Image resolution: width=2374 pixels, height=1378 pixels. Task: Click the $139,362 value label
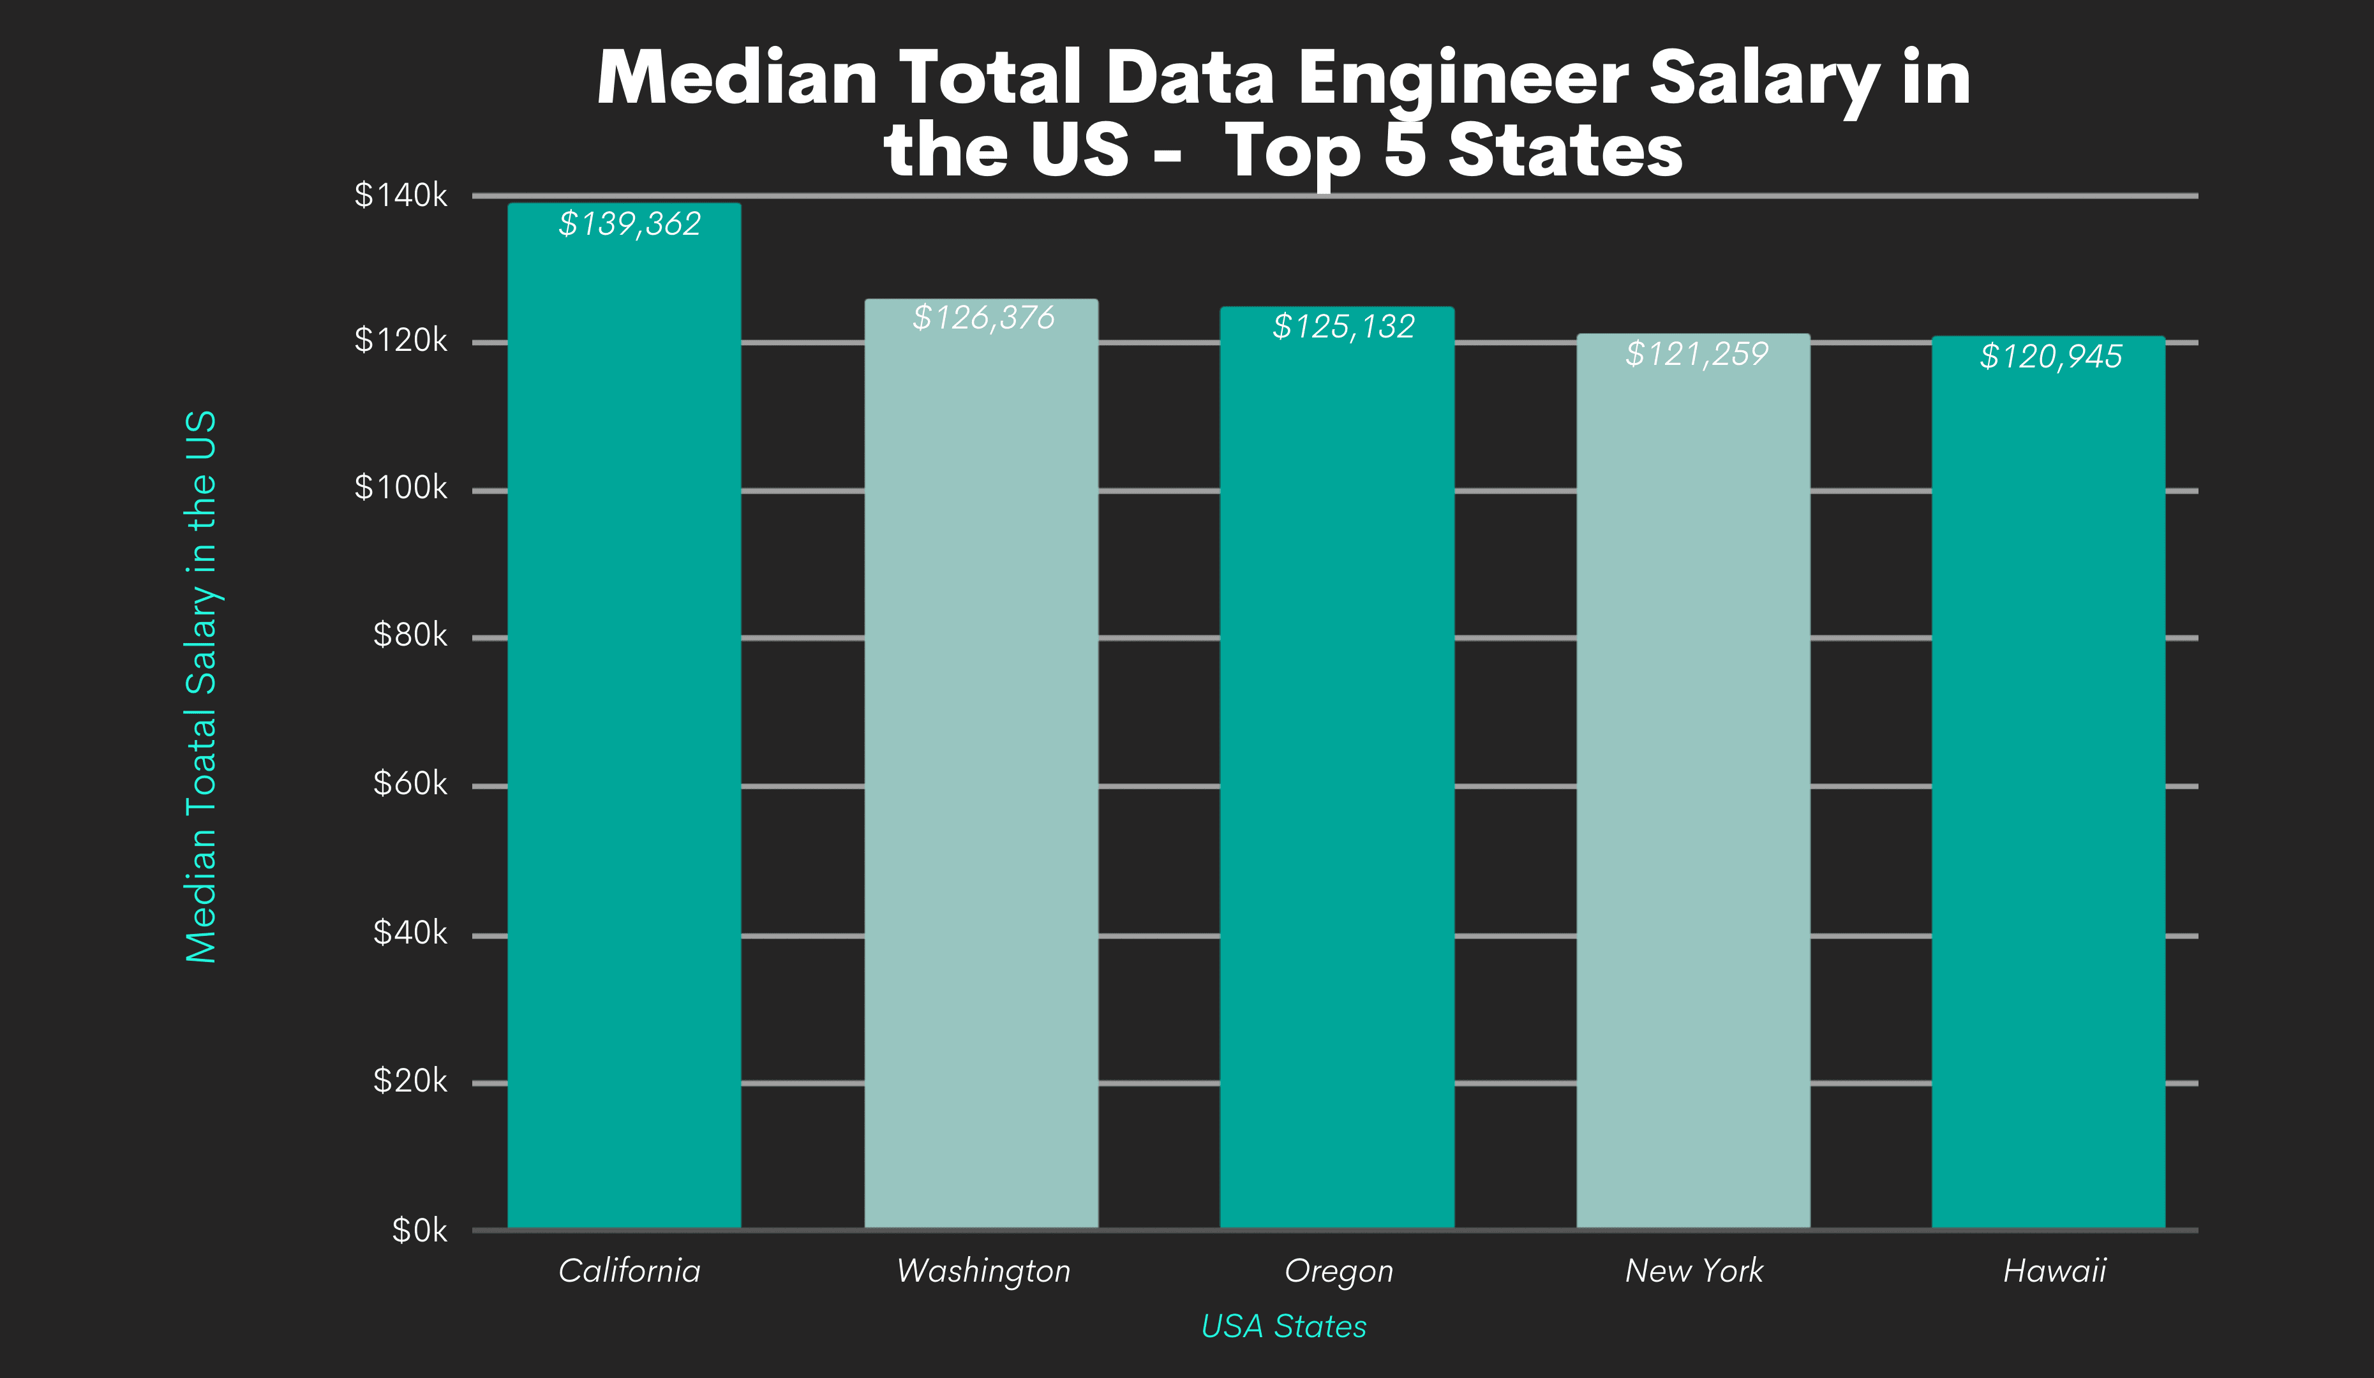point(629,224)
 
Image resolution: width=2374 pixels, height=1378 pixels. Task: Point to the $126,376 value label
point(983,318)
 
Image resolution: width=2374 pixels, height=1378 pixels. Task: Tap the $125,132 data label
point(1343,327)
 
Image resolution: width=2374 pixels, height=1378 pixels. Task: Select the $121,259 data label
point(1697,354)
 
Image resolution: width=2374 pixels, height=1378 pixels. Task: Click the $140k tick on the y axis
point(400,195)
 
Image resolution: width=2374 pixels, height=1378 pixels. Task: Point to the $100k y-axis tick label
point(400,488)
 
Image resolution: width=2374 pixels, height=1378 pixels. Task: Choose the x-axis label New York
point(1694,1271)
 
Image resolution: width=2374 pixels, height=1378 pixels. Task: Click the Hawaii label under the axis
point(2054,1271)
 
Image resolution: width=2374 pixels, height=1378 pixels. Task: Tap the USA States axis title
point(1283,1326)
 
